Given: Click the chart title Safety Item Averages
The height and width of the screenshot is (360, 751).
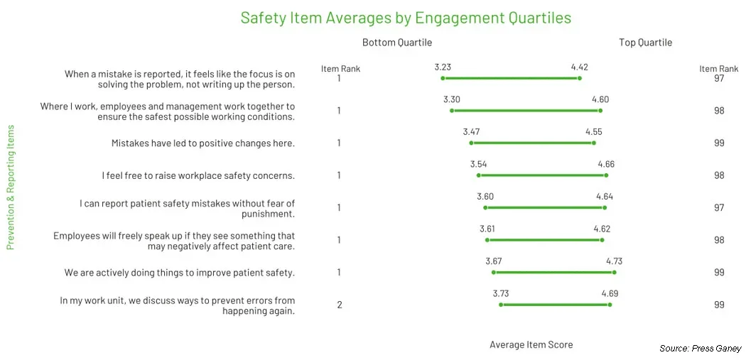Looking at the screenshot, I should pyautogui.click(x=406, y=18).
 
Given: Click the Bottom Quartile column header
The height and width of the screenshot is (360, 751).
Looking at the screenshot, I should pyautogui.click(x=396, y=43).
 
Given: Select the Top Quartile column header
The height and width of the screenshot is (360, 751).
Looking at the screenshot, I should pyautogui.click(x=645, y=43).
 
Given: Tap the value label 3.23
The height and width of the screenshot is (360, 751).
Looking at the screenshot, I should pyautogui.click(x=443, y=67).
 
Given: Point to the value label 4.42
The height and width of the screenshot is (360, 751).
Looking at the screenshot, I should pyautogui.click(x=579, y=67).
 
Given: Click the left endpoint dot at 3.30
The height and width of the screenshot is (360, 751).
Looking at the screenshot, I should pyautogui.click(x=452, y=111).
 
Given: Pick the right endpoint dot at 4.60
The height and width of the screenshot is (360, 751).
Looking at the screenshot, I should pyautogui.click(x=600, y=111).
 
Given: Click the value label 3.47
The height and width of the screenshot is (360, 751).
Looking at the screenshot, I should pyautogui.click(x=471, y=132).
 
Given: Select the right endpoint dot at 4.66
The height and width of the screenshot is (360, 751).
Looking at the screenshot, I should pyautogui.click(x=606, y=175).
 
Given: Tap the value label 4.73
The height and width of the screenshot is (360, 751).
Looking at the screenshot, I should pyautogui.click(x=614, y=261).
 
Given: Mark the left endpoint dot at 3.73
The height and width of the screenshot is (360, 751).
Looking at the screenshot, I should pyautogui.click(x=502, y=305).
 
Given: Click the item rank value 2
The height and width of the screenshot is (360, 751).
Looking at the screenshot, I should pyautogui.click(x=340, y=305).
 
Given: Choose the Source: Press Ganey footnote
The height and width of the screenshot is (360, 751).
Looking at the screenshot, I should pyautogui.click(x=700, y=349).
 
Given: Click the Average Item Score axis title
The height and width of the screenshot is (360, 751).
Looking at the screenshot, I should pyautogui.click(x=531, y=345).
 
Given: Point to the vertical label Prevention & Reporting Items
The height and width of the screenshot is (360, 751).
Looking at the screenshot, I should pyautogui.click(x=11, y=187).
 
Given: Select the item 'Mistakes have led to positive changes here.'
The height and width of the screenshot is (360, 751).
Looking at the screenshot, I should pyautogui.click(x=202, y=143).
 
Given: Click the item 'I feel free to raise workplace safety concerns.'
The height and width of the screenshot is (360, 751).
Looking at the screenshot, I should pyautogui.click(x=198, y=175).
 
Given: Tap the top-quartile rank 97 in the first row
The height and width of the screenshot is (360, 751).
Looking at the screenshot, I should pyautogui.click(x=719, y=78).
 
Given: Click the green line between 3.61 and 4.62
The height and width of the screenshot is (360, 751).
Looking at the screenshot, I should pyautogui.click(x=545, y=240).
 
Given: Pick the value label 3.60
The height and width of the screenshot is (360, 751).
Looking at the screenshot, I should pyautogui.click(x=485, y=197).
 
